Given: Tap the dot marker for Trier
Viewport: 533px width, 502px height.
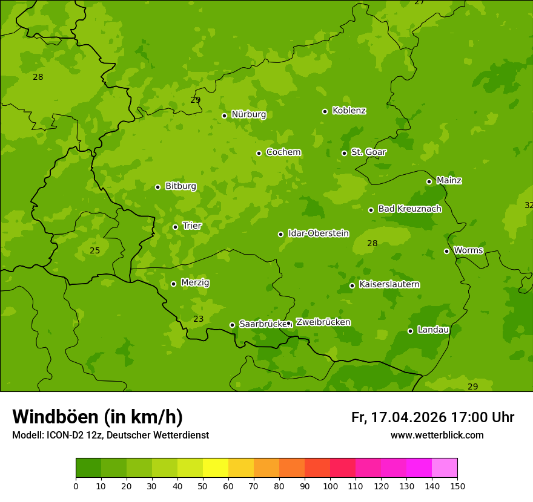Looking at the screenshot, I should coord(176,227).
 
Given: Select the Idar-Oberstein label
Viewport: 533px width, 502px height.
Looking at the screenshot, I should coord(318,233).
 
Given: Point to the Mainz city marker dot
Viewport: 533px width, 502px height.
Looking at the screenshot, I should coord(429,181).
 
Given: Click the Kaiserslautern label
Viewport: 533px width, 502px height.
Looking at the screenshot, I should coord(389,284).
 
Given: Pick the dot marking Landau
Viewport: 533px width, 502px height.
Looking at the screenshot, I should coord(410,331).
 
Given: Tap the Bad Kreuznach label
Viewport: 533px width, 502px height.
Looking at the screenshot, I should coord(409,209).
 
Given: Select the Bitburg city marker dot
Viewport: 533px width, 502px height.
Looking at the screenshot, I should coord(157,187).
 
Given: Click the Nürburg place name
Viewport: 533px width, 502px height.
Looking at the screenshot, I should coord(248,114).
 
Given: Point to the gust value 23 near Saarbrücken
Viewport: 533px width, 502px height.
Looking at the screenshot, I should coord(199,319).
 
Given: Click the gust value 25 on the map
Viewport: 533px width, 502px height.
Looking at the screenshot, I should coord(94,250).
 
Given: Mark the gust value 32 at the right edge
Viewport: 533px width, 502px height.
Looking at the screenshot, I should coord(528,205).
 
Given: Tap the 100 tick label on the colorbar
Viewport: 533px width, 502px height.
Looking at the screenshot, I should coord(330,486).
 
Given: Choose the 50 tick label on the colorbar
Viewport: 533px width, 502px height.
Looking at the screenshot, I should coord(203,486).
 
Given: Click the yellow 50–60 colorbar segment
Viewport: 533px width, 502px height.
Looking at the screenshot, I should coord(216,468).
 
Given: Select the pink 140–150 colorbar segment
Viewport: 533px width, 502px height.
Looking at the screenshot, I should coord(445,468).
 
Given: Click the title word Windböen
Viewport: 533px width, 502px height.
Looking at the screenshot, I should coord(55,417).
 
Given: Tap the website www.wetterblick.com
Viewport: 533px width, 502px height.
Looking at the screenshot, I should coord(437,435).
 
